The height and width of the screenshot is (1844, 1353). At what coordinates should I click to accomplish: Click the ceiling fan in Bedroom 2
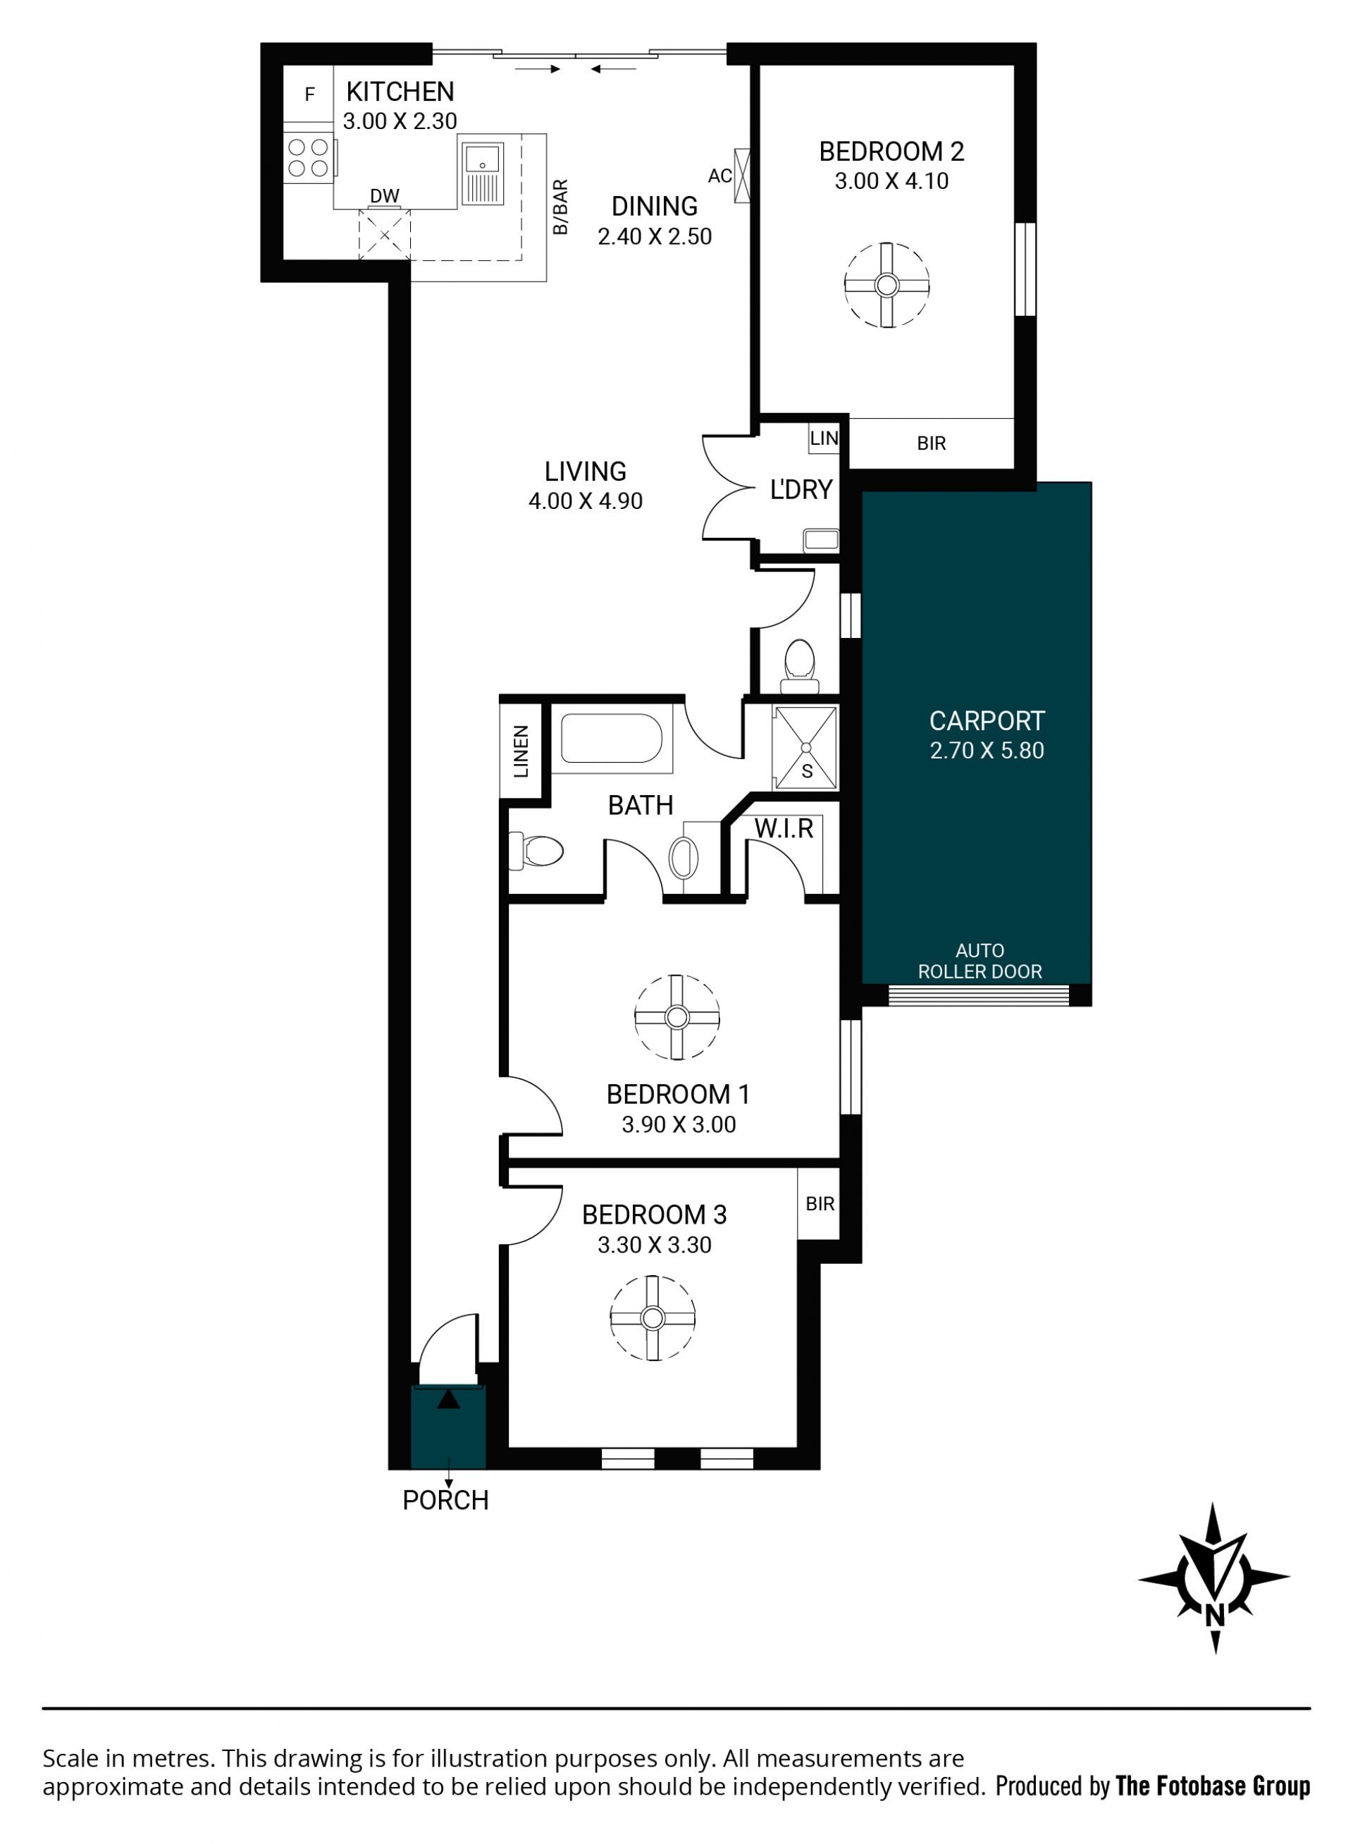coord(887,285)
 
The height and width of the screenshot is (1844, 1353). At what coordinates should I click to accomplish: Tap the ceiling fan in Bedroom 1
coord(676,1017)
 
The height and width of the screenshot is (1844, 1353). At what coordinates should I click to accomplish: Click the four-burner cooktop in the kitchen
coord(309,158)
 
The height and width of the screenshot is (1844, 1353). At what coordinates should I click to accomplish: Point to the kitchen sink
coord(483,173)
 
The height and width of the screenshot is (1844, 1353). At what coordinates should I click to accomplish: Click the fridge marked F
coord(309,94)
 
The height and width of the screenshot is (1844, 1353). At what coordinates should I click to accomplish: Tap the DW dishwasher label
coord(384,196)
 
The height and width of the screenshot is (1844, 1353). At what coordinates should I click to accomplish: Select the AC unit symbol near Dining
coord(742,175)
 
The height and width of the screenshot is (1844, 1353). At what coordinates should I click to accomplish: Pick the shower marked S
coord(806,747)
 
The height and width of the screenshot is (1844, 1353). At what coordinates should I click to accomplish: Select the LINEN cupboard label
coord(521,751)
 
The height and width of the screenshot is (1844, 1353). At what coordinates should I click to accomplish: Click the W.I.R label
coord(784,828)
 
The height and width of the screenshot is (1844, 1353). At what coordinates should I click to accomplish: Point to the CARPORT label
coord(987,721)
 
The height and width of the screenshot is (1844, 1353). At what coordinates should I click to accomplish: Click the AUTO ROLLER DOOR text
coord(980,961)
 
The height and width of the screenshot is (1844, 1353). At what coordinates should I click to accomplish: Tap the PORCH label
coord(445,1500)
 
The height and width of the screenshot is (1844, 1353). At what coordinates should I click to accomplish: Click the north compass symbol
coord(1215,1577)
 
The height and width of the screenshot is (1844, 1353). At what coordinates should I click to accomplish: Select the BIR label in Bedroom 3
coord(820,1203)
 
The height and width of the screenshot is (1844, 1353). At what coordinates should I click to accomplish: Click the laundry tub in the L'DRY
coord(822,539)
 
